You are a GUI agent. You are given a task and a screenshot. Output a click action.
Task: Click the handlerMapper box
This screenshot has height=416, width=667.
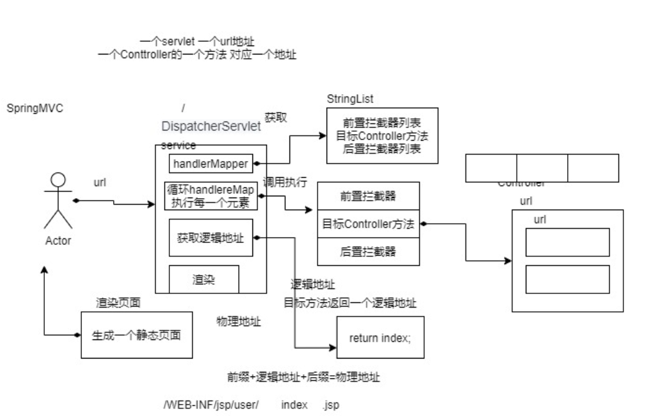[x=210, y=163]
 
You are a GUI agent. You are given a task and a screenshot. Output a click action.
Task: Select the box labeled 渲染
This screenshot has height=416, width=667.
[x=203, y=280]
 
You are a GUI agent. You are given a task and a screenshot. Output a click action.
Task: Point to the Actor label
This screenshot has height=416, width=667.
[x=58, y=241]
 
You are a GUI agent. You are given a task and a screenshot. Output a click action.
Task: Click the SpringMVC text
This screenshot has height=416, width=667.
[x=35, y=108]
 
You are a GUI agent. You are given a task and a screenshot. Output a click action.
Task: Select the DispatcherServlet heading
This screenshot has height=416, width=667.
[x=211, y=126]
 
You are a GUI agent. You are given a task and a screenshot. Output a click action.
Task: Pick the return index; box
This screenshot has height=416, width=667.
[x=379, y=337]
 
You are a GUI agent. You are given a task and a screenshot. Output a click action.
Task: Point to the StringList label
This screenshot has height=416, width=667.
[x=350, y=98]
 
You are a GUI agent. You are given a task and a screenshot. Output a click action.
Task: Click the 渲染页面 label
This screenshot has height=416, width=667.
[x=118, y=303]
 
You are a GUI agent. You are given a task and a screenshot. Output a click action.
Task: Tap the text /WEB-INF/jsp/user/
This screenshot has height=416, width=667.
[x=211, y=405]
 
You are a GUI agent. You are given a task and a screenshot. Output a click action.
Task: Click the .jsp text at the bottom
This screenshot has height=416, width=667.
[x=330, y=405]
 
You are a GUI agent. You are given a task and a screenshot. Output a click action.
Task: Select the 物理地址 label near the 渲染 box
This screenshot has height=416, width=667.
[x=238, y=321]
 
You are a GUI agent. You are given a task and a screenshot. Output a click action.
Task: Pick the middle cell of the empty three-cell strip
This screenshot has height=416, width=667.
[x=541, y=168]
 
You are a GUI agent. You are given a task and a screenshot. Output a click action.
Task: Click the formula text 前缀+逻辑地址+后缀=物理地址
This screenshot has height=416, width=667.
[x=303, y=378]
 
